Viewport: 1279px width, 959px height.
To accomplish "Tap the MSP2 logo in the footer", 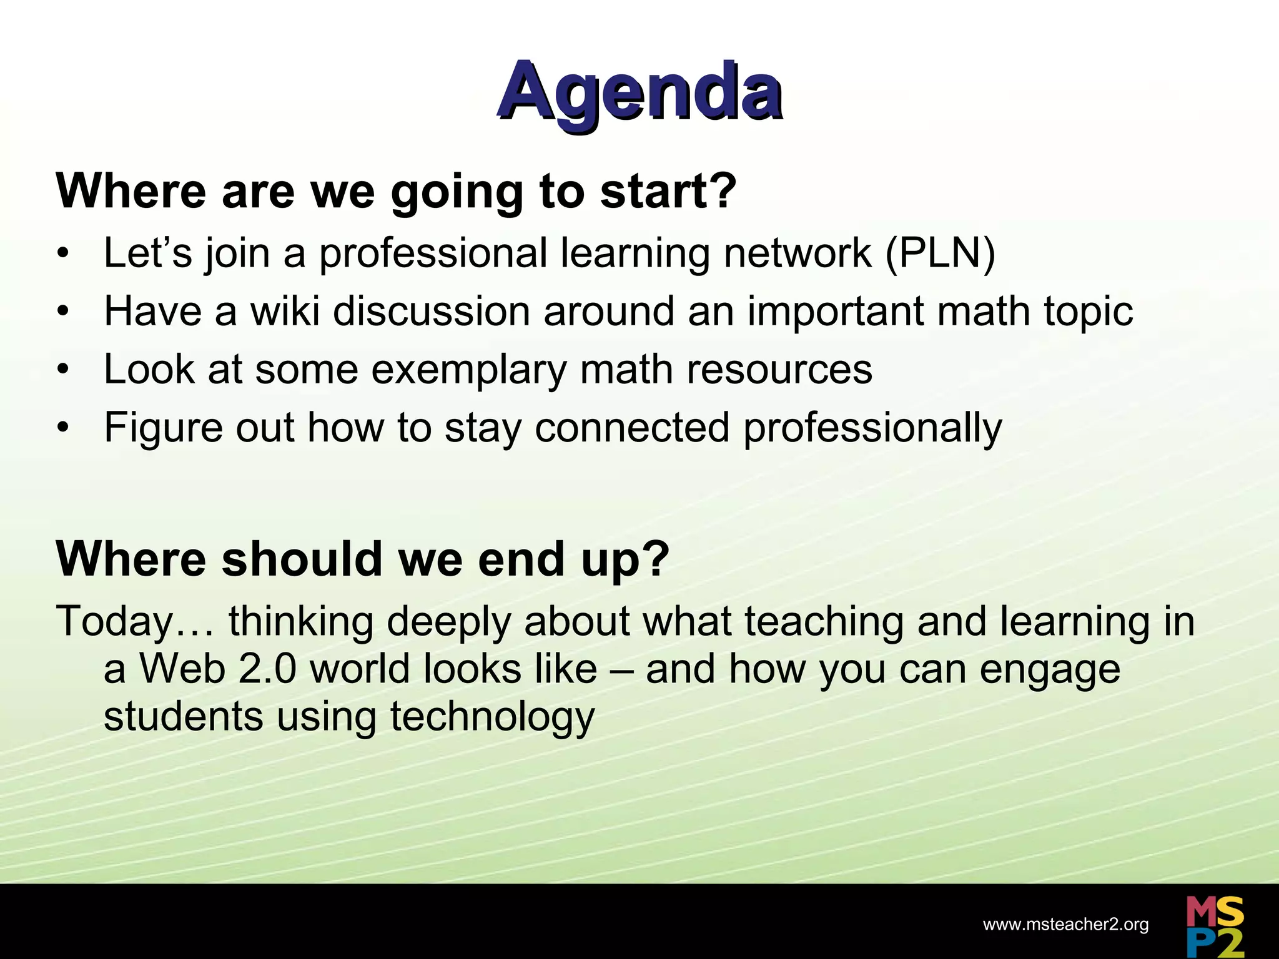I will [x=1215, y=926].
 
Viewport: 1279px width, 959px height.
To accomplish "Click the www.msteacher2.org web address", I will [x=1065, y=925].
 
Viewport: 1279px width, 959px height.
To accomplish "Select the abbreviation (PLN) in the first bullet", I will [x=940, y=253].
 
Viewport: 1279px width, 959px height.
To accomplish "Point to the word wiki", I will [x=285, y=311].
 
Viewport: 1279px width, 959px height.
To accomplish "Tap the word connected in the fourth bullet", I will [x=632, y=428].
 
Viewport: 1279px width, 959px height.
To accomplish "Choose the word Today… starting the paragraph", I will [x=135, y=622].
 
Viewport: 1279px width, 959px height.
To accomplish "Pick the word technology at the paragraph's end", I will [x=492, y=717].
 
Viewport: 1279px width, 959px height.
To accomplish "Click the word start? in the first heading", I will [x=668, y=191].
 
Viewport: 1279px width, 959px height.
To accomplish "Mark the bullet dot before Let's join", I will [x=62, y=255].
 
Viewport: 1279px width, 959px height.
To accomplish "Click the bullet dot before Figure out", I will [x=62, y=429].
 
